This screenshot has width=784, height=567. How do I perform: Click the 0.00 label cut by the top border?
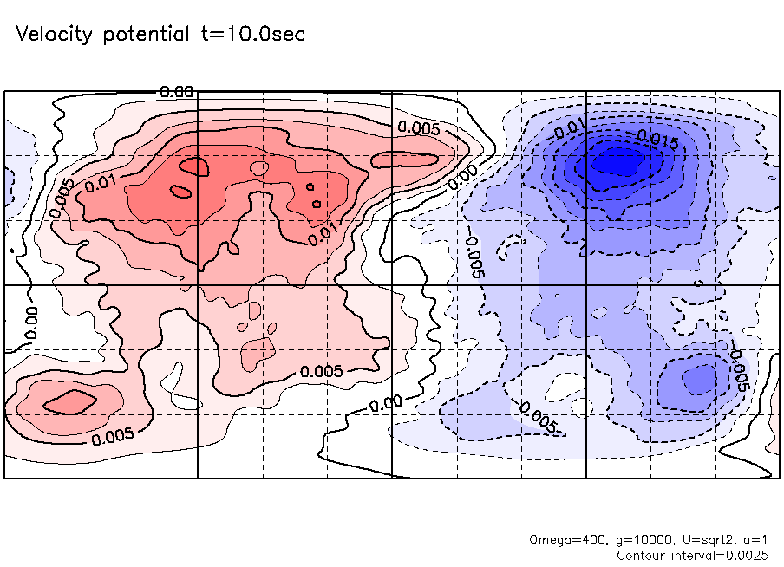pyautogui.click(x=176, y=91)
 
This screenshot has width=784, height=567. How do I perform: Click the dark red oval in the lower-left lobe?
pyautogui.click(x=69, y=401)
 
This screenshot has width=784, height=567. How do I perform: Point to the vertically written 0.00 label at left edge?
pyautogui.click(x=31, y=322)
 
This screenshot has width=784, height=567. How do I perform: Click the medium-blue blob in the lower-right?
pyautogui.click(x=698, y=378)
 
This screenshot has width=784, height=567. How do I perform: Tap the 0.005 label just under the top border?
pyautogui.click(x=419, y=127)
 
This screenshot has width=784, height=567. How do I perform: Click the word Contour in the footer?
pyautogui.click(x=643, y=554)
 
